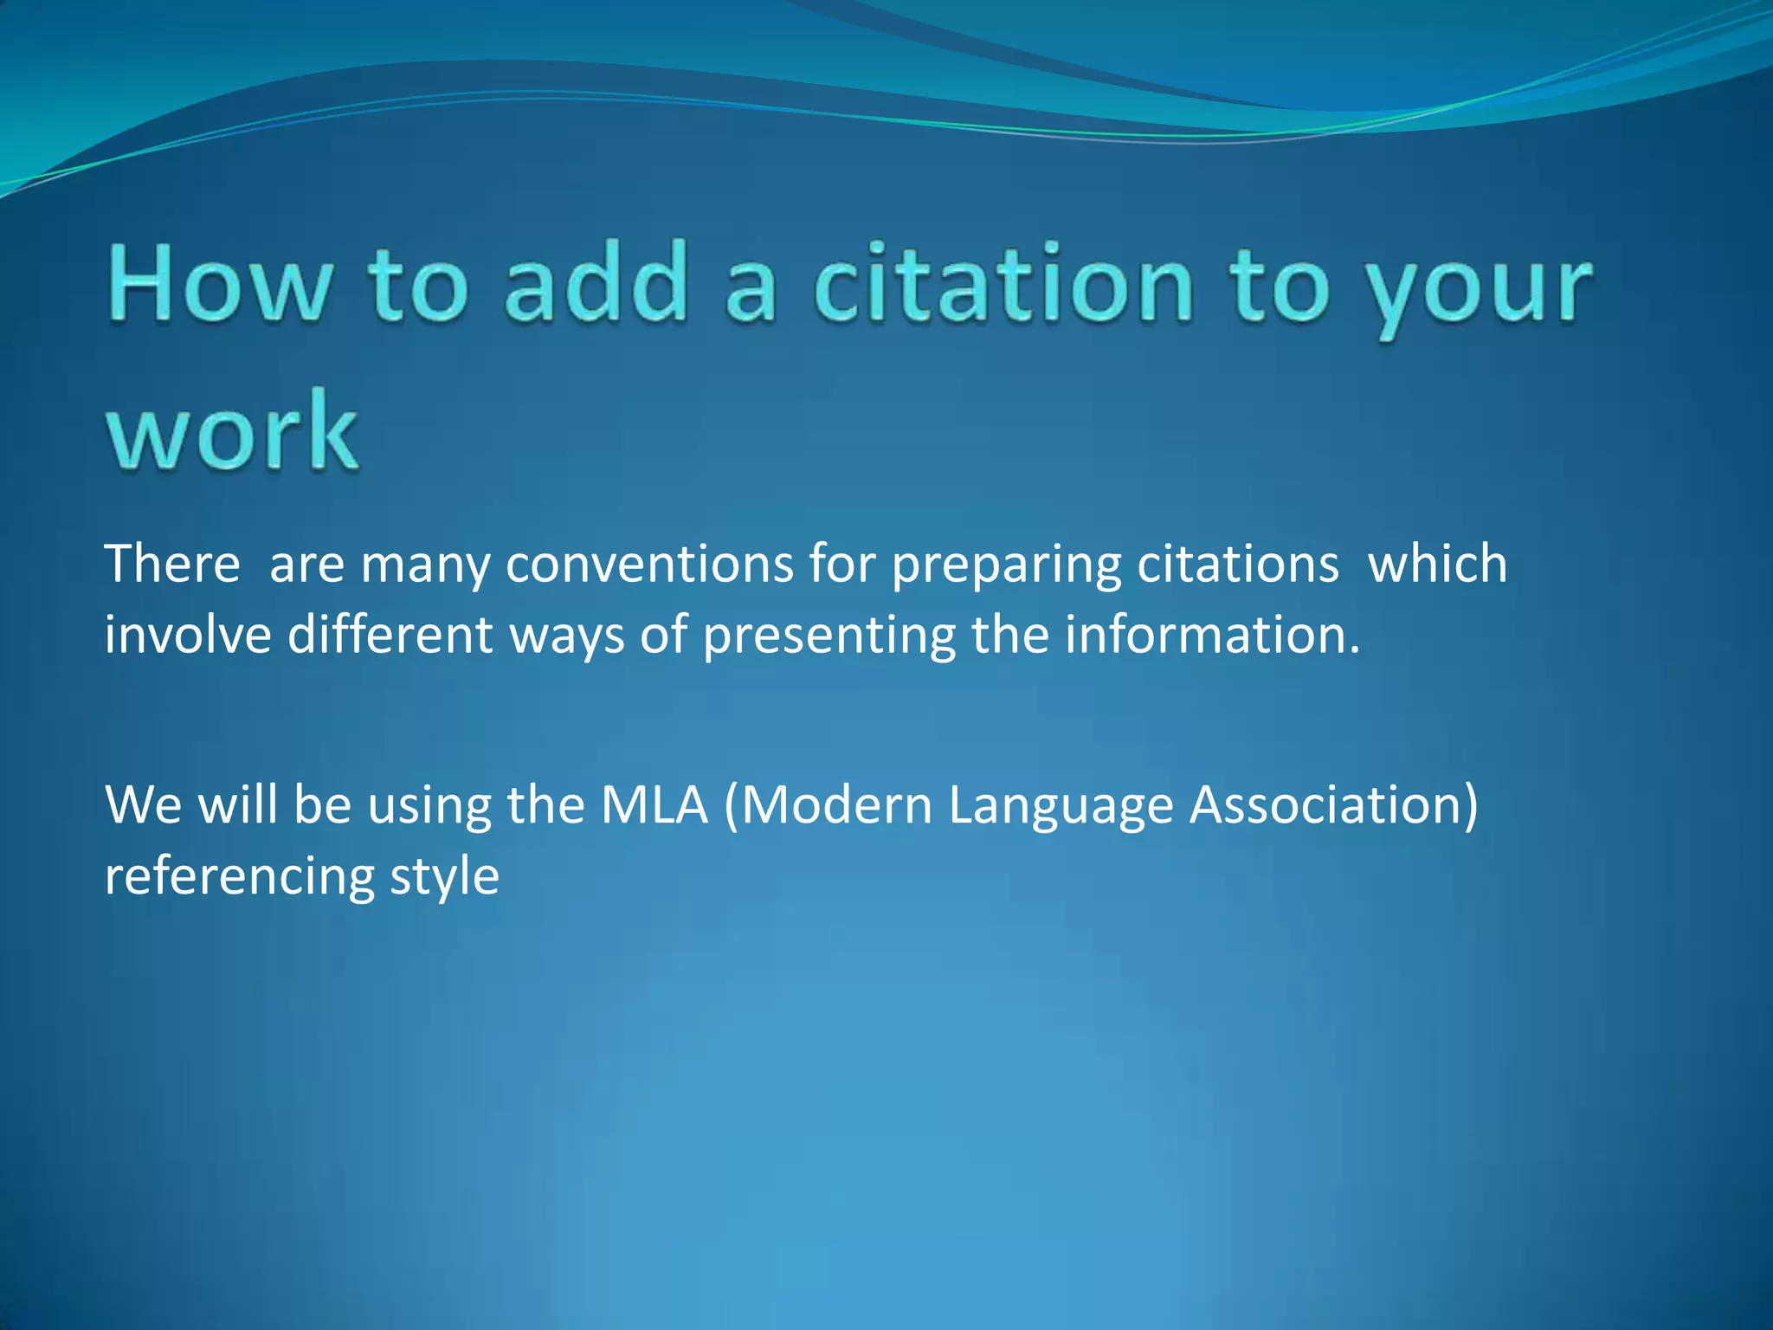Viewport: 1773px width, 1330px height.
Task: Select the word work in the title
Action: [x=232, y=430]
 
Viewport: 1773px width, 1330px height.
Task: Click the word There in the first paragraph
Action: [x=172, y=564]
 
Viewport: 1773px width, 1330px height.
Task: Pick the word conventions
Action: [x=649, y=564]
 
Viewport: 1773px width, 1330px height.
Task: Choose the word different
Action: [x=390, y=635]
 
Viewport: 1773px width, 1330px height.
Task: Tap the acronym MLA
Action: [x=654, y=804]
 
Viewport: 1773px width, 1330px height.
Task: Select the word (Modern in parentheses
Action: [x=828, y=804]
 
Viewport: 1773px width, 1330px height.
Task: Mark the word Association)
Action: [x=1333, y=804]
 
